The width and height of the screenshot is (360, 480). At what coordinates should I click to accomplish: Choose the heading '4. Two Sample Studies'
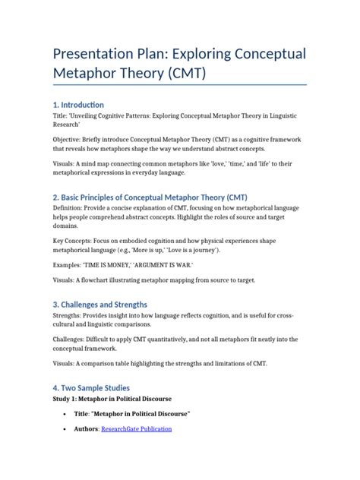coord(87,387)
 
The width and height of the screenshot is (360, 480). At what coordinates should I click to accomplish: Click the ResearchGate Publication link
coord(140,429)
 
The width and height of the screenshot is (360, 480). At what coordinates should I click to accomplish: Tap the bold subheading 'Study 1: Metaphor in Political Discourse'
coord(112,399)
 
